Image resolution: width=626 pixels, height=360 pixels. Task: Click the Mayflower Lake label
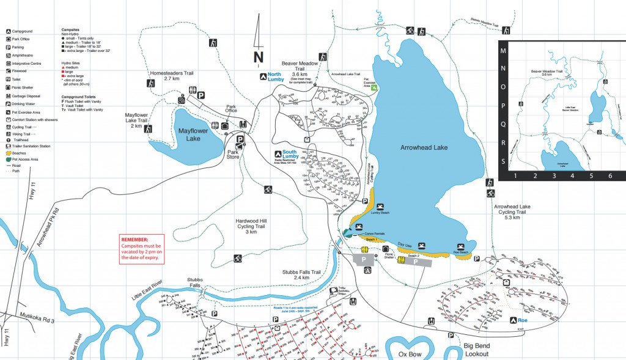193,134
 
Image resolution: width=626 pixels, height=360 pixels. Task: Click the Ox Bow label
410,354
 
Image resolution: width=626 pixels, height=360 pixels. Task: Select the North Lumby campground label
276,77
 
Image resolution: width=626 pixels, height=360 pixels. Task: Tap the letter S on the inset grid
503,162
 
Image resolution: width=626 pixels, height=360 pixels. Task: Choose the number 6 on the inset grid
610,176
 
